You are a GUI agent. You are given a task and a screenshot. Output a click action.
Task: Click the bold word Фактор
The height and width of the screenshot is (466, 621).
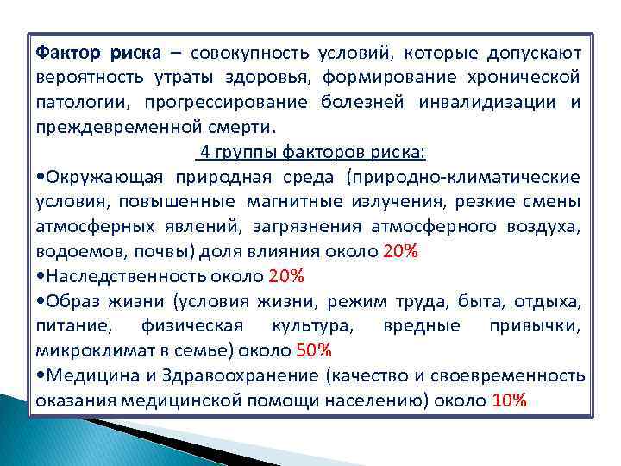coord(69,53)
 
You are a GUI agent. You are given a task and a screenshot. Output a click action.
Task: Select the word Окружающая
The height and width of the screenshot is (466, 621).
coord(97,178)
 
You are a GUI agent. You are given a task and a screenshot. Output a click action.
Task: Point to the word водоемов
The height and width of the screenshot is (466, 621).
coord(72,253)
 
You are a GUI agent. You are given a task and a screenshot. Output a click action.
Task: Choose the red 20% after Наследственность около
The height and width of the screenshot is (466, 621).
coord(286,277)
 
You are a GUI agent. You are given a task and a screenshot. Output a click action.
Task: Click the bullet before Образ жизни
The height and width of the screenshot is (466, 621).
coord(41,302)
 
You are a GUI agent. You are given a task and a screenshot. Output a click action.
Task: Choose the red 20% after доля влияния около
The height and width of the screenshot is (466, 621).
coord(400,253)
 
